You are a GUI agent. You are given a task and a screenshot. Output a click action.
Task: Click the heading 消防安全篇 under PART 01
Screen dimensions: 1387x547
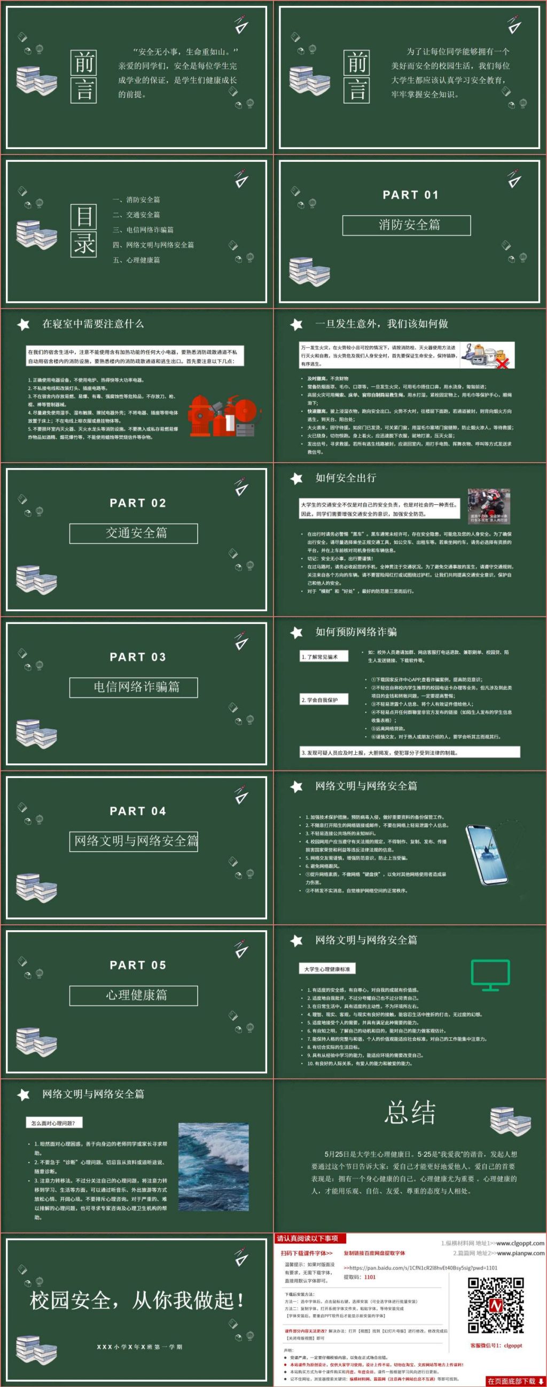(x=407, y=225)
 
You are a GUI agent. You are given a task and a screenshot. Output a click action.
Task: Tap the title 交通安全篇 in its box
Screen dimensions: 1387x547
(x=134, y=533)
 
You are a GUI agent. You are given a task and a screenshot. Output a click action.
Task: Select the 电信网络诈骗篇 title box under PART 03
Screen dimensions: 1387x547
(x=134, y=687)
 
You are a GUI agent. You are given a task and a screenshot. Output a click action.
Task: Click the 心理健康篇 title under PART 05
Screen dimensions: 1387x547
(x=134, y=995)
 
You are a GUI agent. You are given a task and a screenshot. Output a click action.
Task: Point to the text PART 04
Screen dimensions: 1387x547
(x=138, y=811)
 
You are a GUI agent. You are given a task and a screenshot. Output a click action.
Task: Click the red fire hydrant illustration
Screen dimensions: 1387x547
(x=201, y=416)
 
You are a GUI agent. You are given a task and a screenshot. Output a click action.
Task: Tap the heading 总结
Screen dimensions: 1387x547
(x=410, y=1112)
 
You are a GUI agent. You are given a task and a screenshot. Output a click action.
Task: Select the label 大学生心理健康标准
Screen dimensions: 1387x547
(x=327, y=969)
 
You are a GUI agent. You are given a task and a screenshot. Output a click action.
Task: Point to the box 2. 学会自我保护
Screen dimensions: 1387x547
(x=324, y=700)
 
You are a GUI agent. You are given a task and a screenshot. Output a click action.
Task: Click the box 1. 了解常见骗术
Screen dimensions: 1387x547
(x=324, y=656)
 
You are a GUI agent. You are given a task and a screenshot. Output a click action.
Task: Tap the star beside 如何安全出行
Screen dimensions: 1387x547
(x=296, y=479)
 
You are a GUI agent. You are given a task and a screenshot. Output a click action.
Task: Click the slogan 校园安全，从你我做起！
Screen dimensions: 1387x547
(x=137, y=1301)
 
